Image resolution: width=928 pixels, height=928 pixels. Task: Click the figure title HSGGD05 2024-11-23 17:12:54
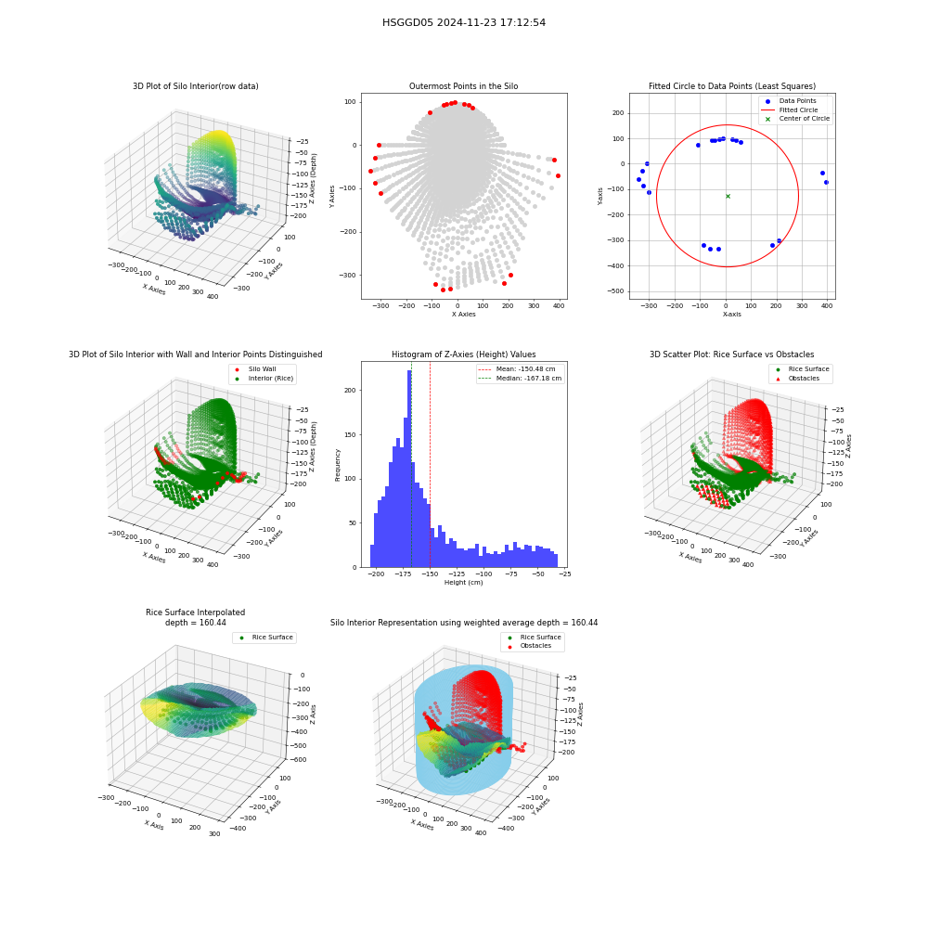(463, 22)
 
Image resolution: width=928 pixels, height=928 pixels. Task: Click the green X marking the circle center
(728, 196)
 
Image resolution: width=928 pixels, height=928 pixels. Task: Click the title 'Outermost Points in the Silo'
(463, 86)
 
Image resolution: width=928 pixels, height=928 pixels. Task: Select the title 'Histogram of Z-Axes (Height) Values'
(463, 354)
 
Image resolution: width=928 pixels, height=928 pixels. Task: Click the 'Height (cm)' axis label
(463, 583)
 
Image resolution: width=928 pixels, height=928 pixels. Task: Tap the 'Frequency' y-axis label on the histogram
(338, 465)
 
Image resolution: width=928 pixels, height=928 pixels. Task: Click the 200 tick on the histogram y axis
(351, 390)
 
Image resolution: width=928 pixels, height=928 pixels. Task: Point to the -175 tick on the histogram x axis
(403, 574)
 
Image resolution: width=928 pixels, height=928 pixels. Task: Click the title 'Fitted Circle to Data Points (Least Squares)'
(732, 86)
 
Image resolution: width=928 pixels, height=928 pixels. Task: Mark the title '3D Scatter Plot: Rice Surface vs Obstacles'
(732, 354)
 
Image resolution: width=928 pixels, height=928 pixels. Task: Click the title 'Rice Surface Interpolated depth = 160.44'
(195, 617)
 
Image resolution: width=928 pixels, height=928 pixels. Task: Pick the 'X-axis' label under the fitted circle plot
(731, 315)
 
